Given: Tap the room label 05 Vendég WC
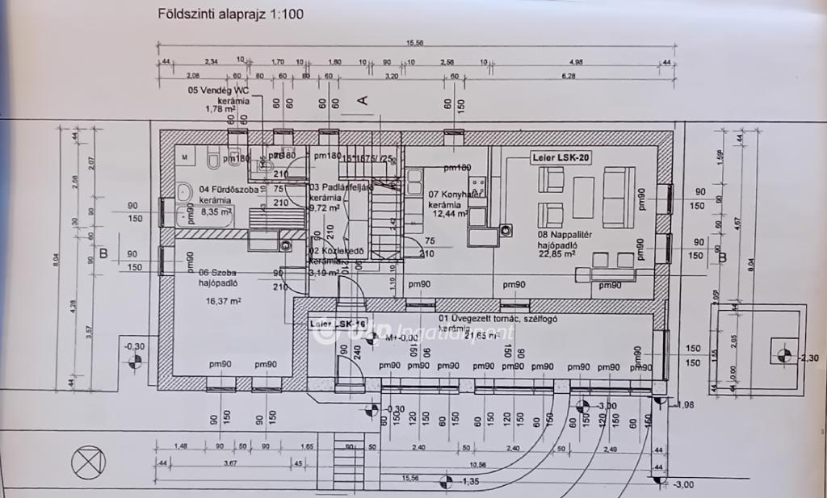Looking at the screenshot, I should click(x=217, y=90).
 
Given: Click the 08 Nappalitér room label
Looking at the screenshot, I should click(x=552, y=236).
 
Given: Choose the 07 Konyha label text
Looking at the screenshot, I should click(x=447, y=195).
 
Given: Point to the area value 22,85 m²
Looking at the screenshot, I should click(x=558, y=253).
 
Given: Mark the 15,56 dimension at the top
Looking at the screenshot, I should click(x=416, y=44).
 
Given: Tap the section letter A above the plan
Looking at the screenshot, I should click(x=363, y=100).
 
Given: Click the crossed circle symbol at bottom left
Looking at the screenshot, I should click(x=88, y=462).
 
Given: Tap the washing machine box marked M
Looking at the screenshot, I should click(x=185, y=155).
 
